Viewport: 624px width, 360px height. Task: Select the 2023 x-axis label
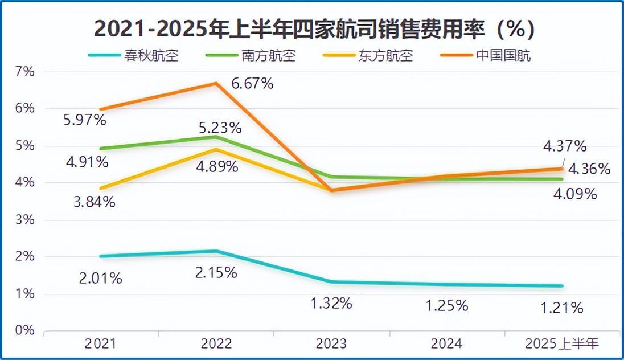pyautogui.click(x=331, y=343)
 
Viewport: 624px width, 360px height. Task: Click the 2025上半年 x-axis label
pyautogui.click(x=562, y=343)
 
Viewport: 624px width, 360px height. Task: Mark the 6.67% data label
pyautogui.click(x=252, y=84)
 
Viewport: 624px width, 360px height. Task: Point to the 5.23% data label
pyautogui.click(x=220, y=128)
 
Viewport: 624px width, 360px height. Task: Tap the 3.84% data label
pyautogui.click(x=95, y=202)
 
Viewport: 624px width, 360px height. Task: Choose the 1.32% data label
pyautogui.click(x=331, y=303)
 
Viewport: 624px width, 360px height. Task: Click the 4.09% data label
pyautogui.click(x=575, y=194)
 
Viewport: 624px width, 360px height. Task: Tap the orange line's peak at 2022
pyautogui.click(x=216, y=83)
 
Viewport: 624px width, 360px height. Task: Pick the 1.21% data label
pyautogui.click(x=562, y=308)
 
